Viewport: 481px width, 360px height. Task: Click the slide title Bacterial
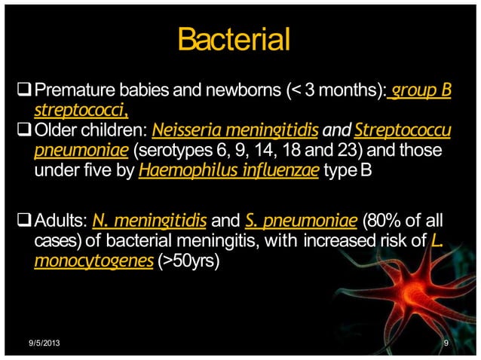pos(233,38)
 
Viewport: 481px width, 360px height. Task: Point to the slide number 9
pos(447,344)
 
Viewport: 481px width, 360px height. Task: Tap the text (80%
pos(381,223)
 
